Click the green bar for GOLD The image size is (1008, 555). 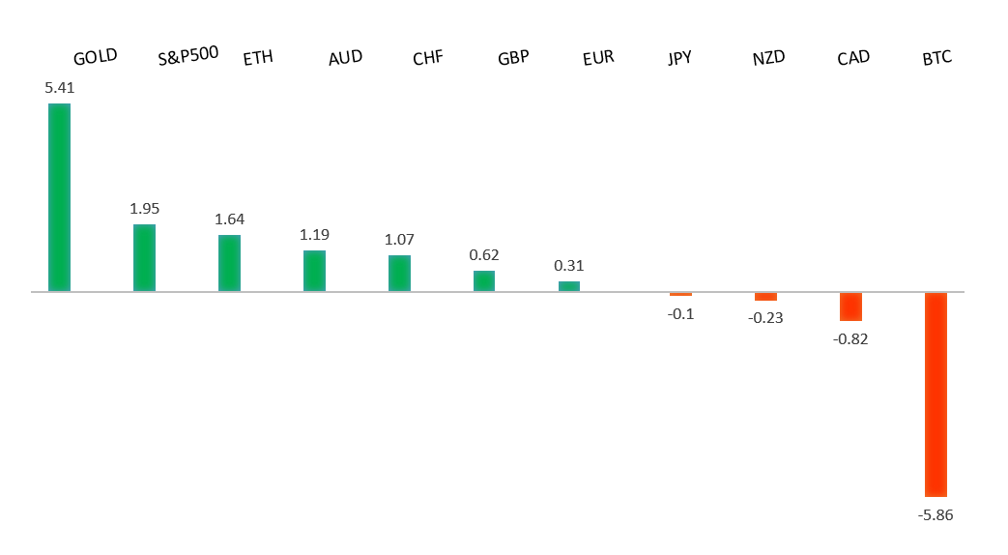(x=59, y=197)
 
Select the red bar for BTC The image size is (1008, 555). (x=936, y=394)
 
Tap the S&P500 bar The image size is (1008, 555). (x=144, y=257)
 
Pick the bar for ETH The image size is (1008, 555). (x=229, y=263)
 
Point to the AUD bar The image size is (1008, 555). (x=314, y=271)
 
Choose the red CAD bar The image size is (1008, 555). (x=850, y=306)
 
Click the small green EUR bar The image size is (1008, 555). (x=569, y=286)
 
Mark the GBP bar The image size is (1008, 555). (x=484, y=280)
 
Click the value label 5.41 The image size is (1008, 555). (x=59, y=87)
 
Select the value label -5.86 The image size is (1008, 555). (x=935, y=514)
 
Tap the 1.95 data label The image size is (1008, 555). (x=144, y=209)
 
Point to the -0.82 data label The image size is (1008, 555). (x=850, y=338)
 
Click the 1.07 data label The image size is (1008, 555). (x=399, y=239)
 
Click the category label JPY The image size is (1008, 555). (x=679, y=58)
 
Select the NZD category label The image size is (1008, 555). (x=768, y=58)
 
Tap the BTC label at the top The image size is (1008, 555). (x=936, y=58)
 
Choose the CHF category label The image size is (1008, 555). (x=427, y=58)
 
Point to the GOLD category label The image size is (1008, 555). (x=95, y=56)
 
